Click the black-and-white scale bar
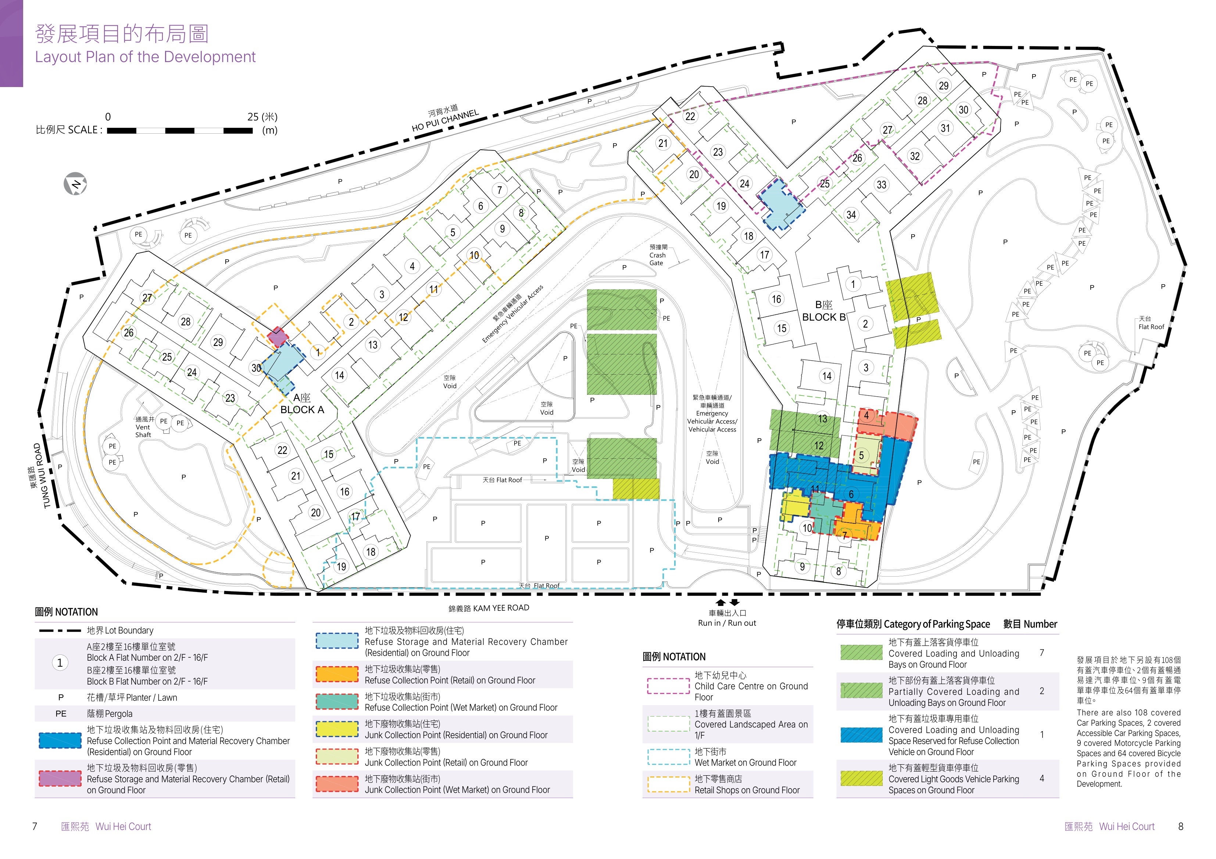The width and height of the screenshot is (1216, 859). click(x=180, y=130)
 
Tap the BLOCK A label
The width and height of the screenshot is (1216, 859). click(x=302, y=409)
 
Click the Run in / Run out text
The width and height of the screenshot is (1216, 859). click(x=727, y=623)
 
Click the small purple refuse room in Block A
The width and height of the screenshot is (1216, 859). click(x=277, y=337)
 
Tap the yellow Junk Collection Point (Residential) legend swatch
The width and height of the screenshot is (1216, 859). click(x=337, y=729)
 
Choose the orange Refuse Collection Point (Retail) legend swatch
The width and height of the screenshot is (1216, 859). click(x=337, y=674)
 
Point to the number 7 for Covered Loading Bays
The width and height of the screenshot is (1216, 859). click(x=1042, y=653)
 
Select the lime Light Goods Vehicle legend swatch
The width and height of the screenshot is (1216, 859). click(x=861, y=778)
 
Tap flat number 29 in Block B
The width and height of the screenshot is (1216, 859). click(x=943, y=86)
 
